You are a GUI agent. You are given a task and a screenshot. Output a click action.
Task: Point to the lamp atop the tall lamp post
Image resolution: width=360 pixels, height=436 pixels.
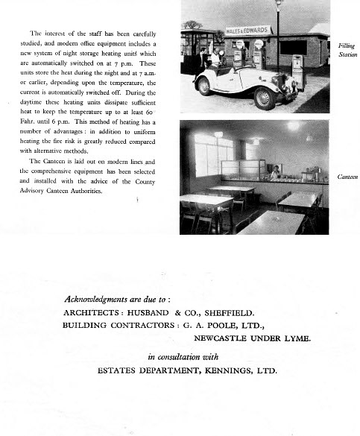pos(280,4)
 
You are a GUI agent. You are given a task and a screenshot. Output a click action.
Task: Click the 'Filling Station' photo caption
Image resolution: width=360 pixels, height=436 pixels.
pos(347,50)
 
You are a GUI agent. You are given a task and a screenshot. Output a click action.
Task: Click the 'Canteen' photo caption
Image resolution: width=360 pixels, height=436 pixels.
pos(347,177)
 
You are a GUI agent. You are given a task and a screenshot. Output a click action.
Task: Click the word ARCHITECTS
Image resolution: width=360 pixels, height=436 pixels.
pos(93,312)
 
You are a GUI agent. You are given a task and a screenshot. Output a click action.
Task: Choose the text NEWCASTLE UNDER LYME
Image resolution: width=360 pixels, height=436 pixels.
pos(252,338)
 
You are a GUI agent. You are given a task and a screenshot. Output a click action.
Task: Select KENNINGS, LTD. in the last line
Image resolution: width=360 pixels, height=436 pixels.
pos(242,370)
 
